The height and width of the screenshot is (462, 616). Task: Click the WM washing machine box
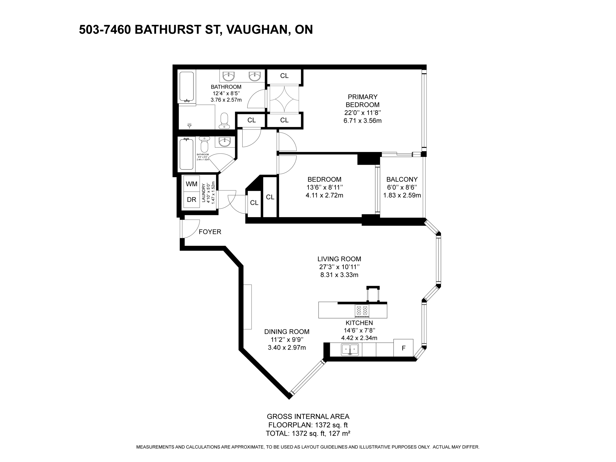[x=192, y=184]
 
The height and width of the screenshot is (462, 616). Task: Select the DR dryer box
[x=192, y=200]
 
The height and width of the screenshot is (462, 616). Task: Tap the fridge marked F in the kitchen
[x=403, y=348]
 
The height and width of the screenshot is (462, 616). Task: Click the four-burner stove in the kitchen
[x=362, y=311]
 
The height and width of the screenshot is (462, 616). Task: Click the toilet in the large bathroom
[x=224, y=121]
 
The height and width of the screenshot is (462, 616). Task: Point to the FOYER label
[x=210, y=232]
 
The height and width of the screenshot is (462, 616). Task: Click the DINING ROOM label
[x=287, y=332]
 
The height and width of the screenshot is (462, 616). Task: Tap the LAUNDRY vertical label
[x=203, y=193]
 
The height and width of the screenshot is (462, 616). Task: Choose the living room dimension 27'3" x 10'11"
[x=339, y=267]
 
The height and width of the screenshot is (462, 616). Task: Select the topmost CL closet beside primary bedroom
[x=284, y=76]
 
